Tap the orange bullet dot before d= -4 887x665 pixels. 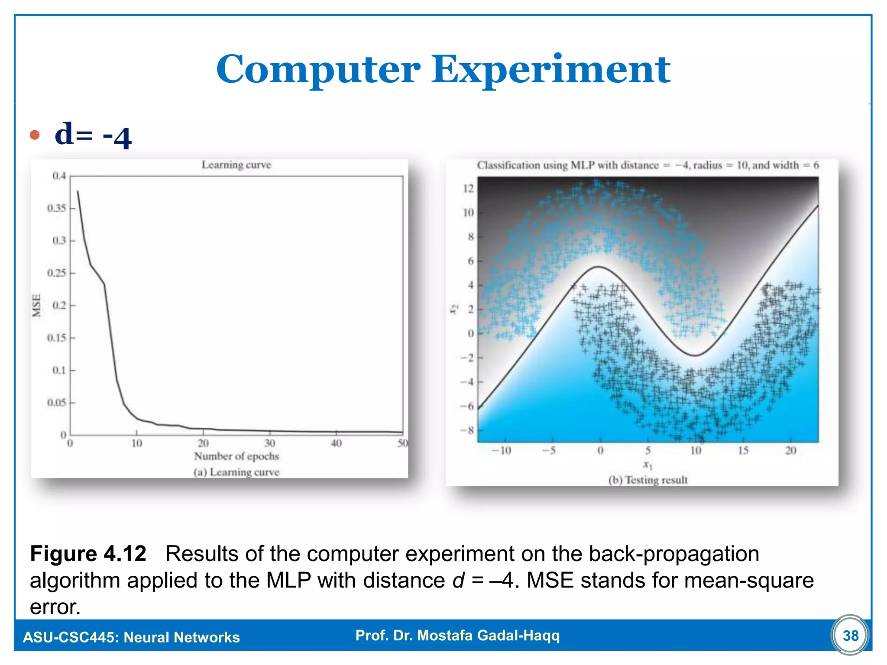click(35, 135)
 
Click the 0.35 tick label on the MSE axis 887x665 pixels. click(57, 208)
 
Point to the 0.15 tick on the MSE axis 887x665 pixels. click(57, 338)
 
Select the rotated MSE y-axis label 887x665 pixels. click(37, 305)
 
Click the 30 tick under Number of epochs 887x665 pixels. click(269, 443)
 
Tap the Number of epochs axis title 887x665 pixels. click(236, 456)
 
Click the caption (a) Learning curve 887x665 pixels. click(236, 472)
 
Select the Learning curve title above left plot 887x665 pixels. click(236, 165)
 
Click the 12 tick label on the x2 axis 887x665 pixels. click(468, 188)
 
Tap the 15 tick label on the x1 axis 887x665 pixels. click(743, 451)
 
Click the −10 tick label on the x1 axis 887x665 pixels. click(501, 451)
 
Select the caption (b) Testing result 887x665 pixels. click(648, 480)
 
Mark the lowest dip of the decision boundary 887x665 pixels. click(695, 355)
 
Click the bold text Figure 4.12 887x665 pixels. click(88, 554)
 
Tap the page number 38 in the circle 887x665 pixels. click(851, 636)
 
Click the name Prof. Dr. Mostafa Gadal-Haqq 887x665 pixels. click(457, 635)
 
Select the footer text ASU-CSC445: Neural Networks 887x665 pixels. click(131, 637)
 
